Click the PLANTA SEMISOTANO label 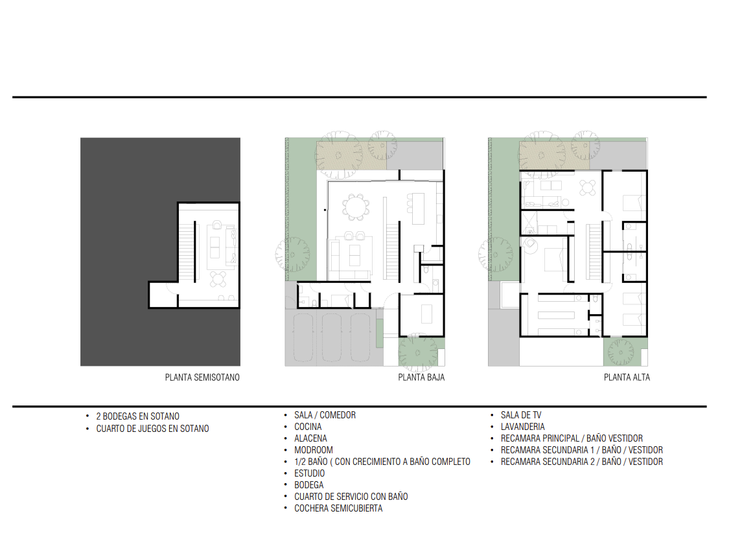point(202,378)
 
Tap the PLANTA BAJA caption point(421,378)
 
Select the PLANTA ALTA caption point(627,378)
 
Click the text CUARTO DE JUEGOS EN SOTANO point(152,429)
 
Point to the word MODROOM point(313,450)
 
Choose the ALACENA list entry point(310,438)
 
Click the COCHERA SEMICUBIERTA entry point(338,508)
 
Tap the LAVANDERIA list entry point(522,427)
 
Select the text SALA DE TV point(521,415)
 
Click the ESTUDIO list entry point(310,473)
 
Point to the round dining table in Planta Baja point(356,207)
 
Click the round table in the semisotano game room point(218,279)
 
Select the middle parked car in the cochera point(332,337)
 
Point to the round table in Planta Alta point(588,188)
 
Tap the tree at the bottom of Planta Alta point(621,352)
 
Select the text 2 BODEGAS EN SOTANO point(138,416)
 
